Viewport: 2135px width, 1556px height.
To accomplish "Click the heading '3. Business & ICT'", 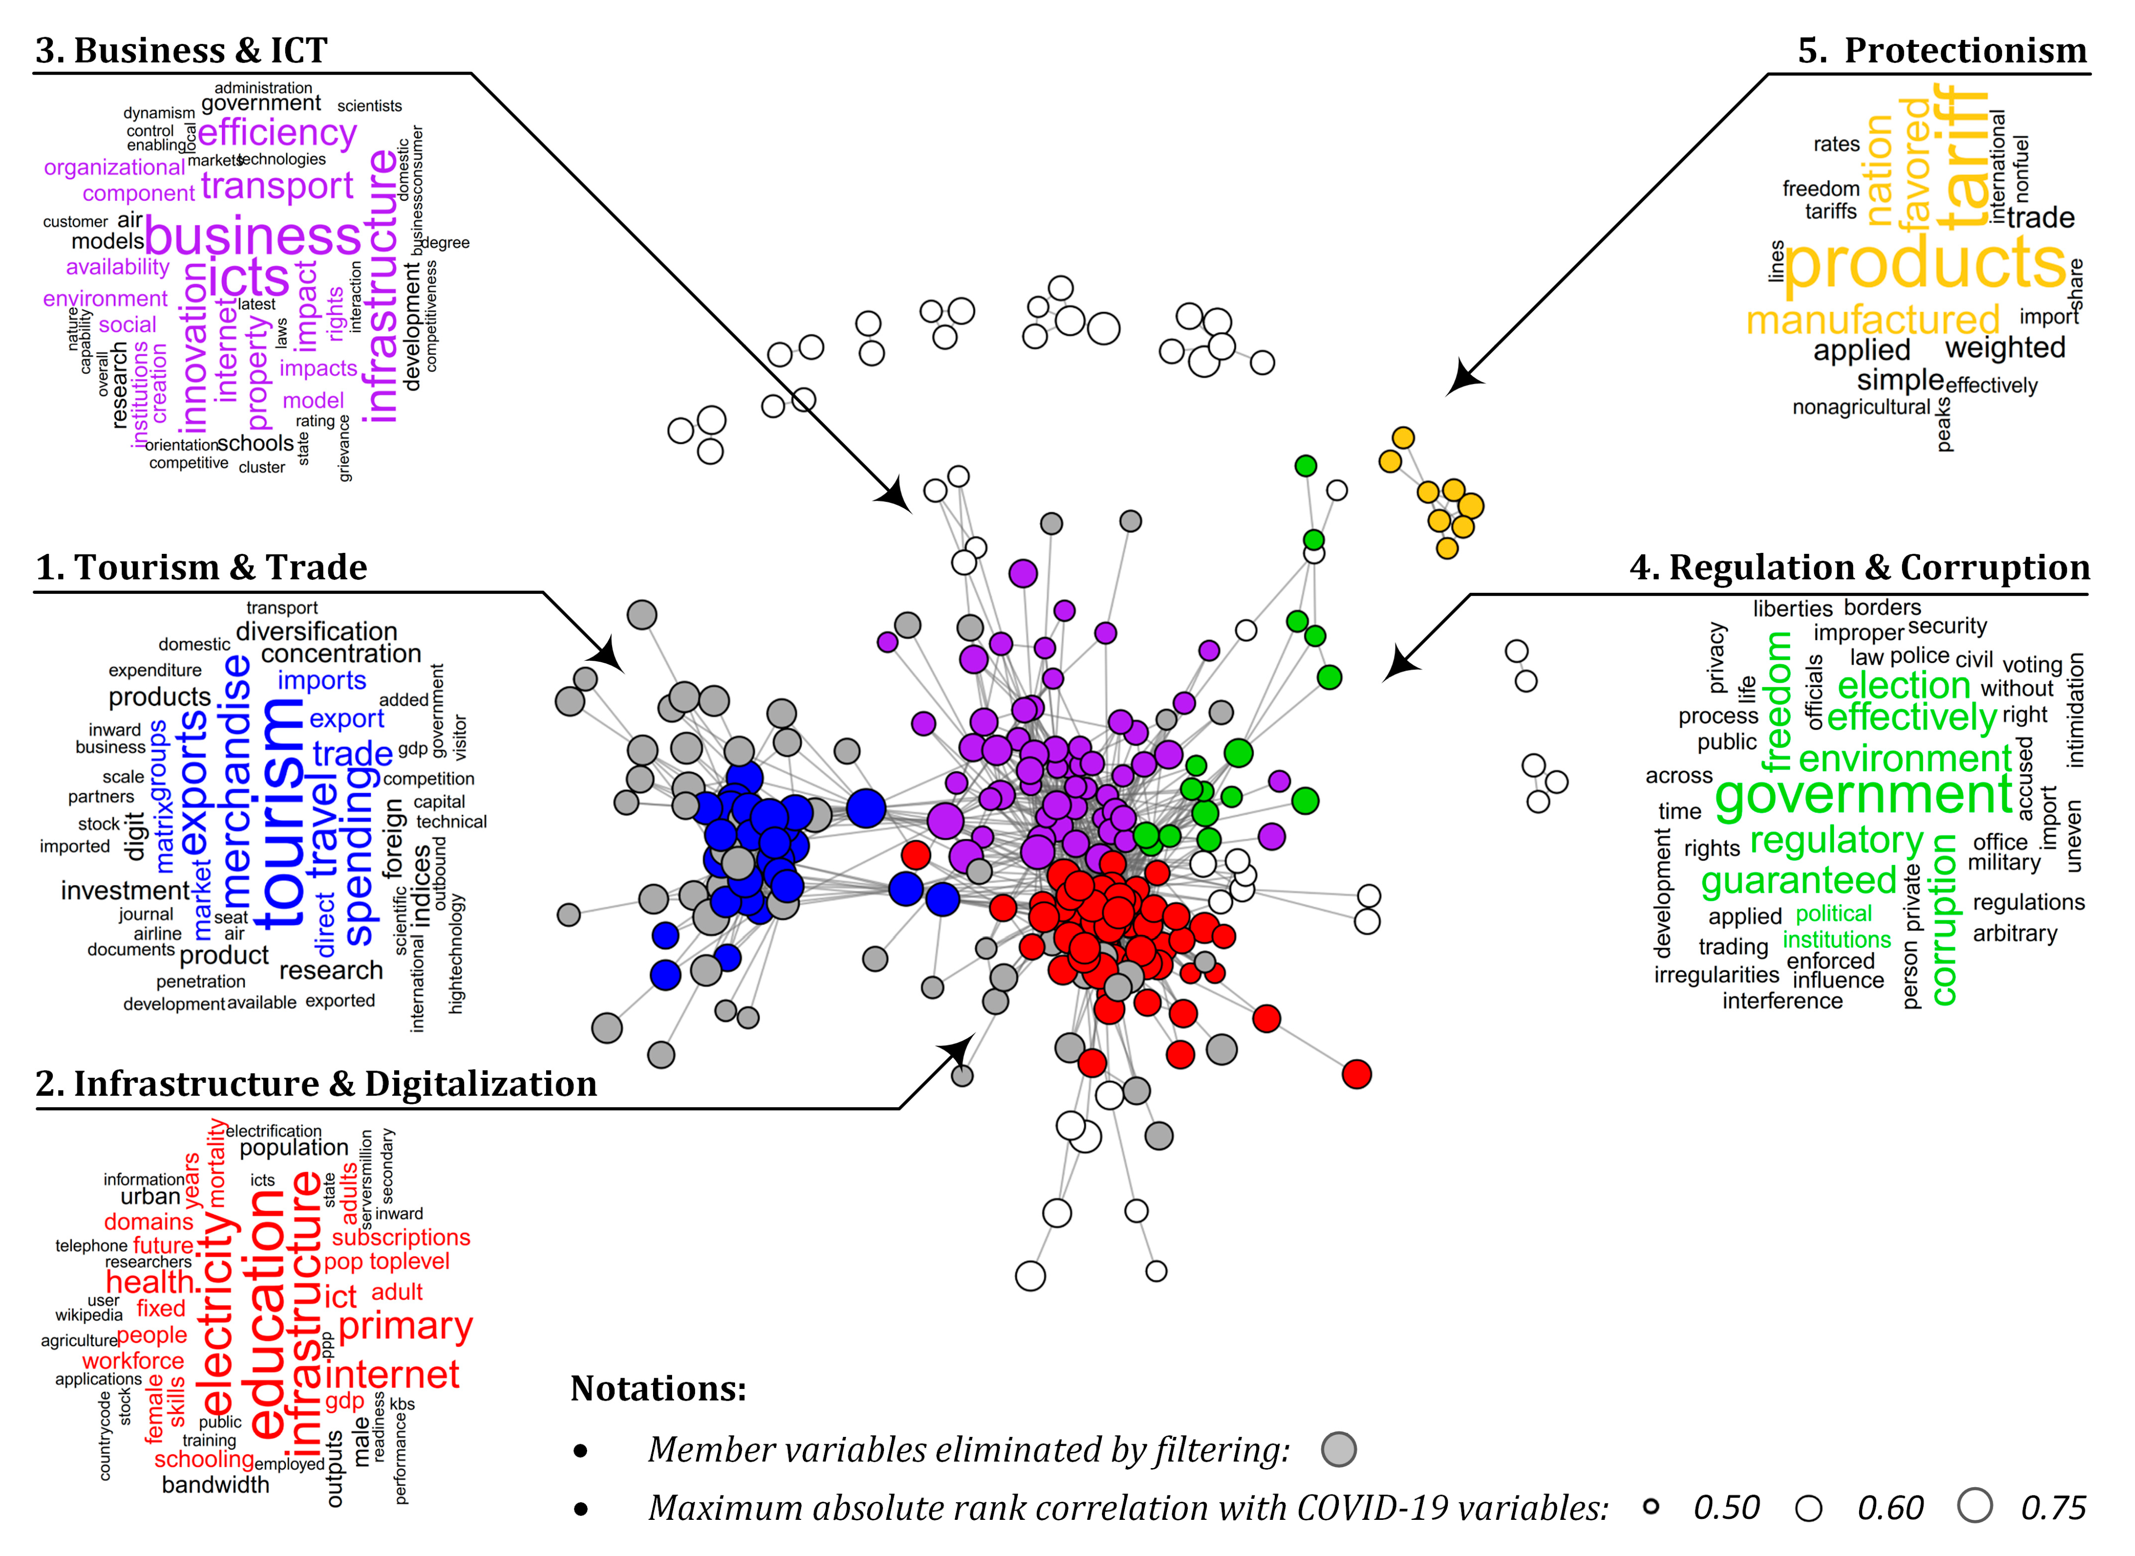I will pyautogui.click(x=182, y=50).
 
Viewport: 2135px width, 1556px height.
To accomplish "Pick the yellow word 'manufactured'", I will pyautogui.click(x=1872, y=320).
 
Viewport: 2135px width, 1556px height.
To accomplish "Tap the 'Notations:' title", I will pyautogui.click(x=658, y=1388).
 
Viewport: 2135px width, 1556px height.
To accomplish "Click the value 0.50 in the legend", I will pyautogui.click(x=1726, y=1507).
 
